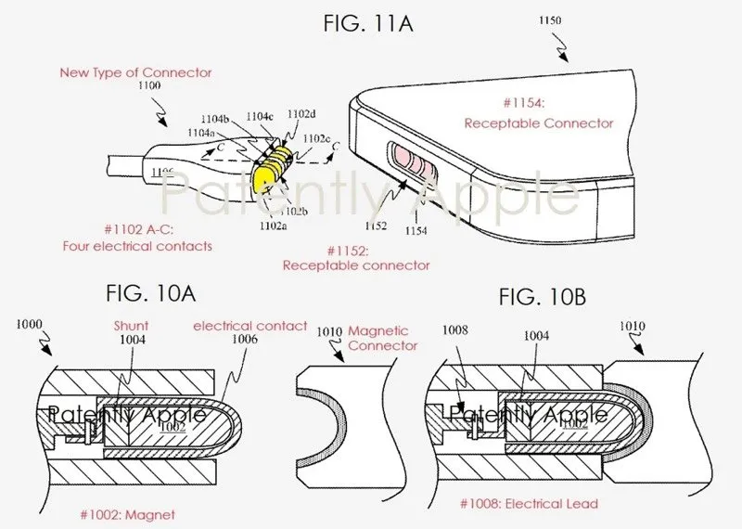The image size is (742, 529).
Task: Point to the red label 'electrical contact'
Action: point(249,326)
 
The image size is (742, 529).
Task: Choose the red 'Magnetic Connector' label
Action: point(383,338)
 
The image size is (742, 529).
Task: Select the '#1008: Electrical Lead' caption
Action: point(529,503)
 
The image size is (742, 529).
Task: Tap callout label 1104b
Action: point(218,119)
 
